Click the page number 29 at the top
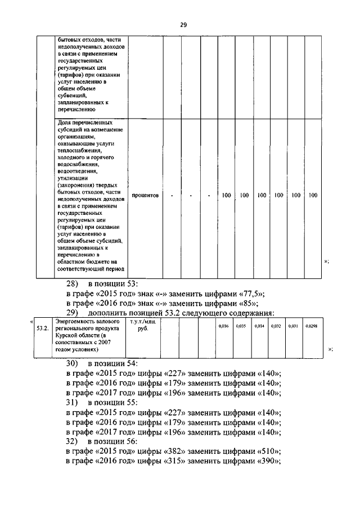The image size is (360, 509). (x=183, y=24)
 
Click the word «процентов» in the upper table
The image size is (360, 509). (x=145, y=196)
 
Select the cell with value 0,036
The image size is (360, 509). (x=223, y=326)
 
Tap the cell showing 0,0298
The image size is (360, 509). (x=311, y=326)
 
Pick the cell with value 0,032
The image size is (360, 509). (x=275, y=326)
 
